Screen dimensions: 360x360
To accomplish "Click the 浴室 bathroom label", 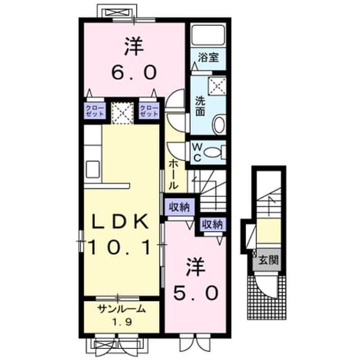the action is [x=208, y=57].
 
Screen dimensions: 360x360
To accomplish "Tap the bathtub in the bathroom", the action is [x=208, y=35].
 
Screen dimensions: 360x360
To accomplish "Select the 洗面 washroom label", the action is [x=200, y=106].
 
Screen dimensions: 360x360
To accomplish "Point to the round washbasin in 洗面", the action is [x=219, y=125].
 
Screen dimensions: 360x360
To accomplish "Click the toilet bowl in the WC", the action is [x=213, y=152].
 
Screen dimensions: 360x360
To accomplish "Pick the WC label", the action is [x=196, y=152].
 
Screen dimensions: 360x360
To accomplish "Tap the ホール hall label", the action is [x=174, y=174].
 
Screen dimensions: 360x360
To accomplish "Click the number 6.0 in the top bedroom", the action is [x=134, y=71].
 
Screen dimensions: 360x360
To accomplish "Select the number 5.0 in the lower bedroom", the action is [x=196, y=292].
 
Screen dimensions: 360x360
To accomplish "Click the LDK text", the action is [x=120, y=221].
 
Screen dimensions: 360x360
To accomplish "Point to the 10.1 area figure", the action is [x=119, y=247].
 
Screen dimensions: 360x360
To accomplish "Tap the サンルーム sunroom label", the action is [x=121, y=309].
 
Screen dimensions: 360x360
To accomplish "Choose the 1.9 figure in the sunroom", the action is [x=122, y=322].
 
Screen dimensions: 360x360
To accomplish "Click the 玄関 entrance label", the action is [x=268, y=260].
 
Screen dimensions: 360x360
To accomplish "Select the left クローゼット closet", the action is [x=95, y=111].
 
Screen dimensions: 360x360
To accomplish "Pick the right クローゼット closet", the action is [x=149, y=111].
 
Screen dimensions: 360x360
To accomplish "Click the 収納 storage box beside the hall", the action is [x=179, y=208].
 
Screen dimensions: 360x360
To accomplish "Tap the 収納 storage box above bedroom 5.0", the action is [x=213, y=224].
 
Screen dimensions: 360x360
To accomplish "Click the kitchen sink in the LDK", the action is [x=93, y=169].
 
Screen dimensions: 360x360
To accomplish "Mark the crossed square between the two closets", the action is [x=123, y=114].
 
